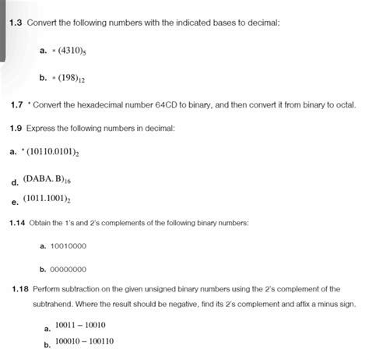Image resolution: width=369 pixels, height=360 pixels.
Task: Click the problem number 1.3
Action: (16, 23)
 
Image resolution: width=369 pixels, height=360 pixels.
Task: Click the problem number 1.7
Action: (16, 104)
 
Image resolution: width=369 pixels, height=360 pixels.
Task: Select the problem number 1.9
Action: (16, 127)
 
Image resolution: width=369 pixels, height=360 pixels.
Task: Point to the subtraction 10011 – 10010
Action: (80, 325)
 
